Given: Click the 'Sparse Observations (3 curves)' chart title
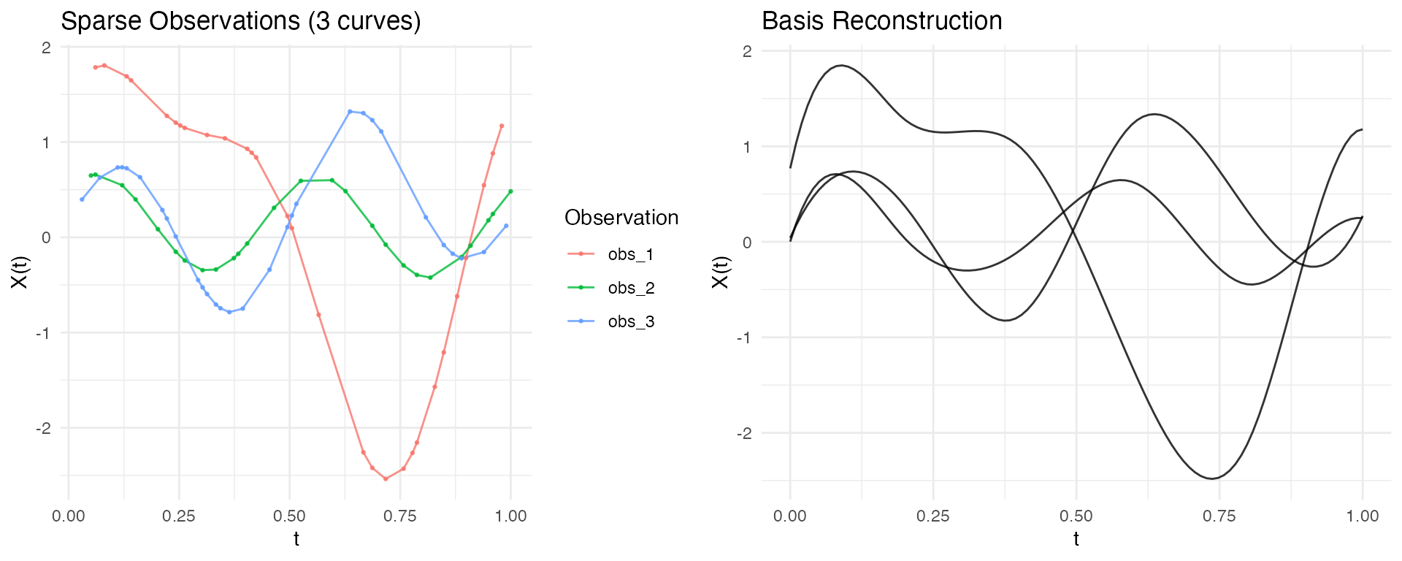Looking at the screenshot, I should coord(241,21).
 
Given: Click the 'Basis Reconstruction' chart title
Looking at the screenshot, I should coord(881,21).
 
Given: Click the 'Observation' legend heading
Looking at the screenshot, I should coord(621,218).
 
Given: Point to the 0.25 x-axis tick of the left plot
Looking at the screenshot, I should coord(179,516).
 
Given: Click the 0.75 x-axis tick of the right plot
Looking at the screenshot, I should coord(1219,516).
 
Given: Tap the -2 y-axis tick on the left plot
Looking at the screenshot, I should coord(45,428).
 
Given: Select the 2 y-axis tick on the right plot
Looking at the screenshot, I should coord(747,51).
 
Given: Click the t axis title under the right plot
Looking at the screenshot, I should coord(1076,540).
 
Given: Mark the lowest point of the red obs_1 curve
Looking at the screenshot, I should coord(386,479).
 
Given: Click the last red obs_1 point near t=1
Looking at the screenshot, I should coord(502,126).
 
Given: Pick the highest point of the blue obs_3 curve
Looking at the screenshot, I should coord(350,112).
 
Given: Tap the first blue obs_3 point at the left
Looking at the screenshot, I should coord(82,199).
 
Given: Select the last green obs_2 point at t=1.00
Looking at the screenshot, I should coord(510,191).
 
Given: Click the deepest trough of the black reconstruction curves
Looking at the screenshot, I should coord(1212,478).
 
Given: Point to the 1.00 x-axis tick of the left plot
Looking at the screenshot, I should coord(510,516).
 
